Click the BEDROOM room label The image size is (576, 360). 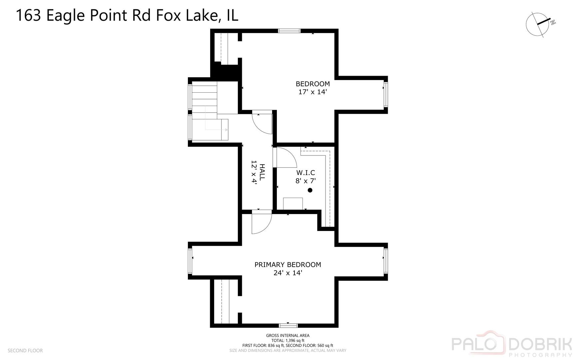tap(312, 84)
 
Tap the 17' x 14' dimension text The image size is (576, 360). tap(312, 92)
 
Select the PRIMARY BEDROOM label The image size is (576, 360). tap(288, 265)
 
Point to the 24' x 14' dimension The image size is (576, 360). tap(288, 273)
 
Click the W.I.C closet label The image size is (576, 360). tap(305, 173)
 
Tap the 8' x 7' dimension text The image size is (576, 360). tap(305, 181)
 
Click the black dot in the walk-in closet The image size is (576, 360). tap(310, 190)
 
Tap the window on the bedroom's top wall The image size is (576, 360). tap(289, 31)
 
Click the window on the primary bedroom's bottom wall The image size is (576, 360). tap(288, 325)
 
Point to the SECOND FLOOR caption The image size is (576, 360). tap(25, 351)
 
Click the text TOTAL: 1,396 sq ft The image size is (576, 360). tap(288, 341)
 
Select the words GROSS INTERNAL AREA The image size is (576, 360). tap(288, 336)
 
